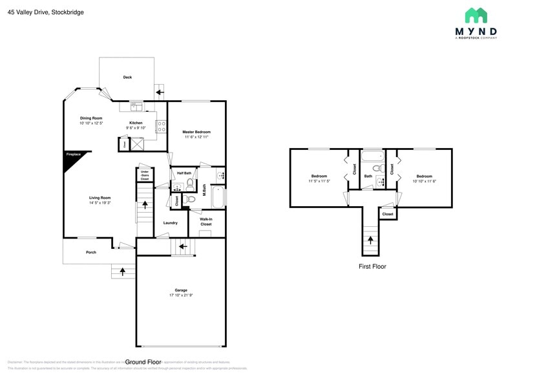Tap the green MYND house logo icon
pos(476,16)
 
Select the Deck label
pos(127,78)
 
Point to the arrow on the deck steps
pos(160,92)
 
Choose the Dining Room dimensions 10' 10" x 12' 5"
pos(91,123)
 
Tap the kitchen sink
pos(136,106)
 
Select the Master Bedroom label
pos(196,132)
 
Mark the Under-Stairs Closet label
pos(145,175)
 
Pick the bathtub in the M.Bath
pos(218,196)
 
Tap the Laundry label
pos(170,223)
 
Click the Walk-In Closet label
pos(205,221)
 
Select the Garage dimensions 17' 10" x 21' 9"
pos(180,295)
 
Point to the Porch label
pos(91,252)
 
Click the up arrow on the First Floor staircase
pos(371,240)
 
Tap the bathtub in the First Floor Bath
pos(372,157)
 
